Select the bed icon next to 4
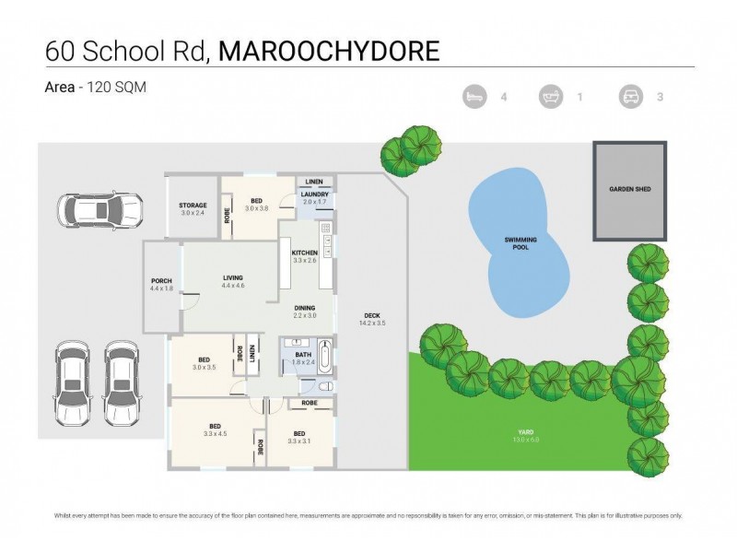pos(474,96)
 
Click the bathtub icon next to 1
pos(551,96)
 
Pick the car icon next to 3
pos(631,96)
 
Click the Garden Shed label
pos(629,189)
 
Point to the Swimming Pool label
pos(521,243)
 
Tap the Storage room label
pos(193,205)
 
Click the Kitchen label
pos(305,253)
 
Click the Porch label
pos(161,281)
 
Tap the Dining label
pos(305,309)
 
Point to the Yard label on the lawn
pos(525,432)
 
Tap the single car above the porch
pos(98,211)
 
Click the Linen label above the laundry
pos(314,182)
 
